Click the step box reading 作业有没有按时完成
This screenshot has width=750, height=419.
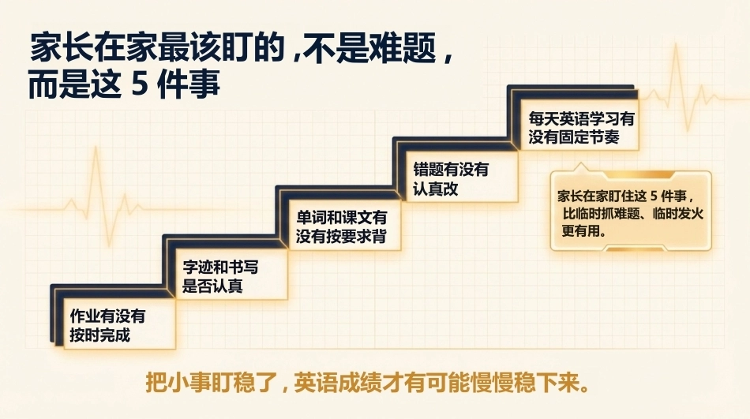point(119,324)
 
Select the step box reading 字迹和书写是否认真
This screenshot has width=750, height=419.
point(231,275)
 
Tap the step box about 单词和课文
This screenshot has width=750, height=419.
point(344,225)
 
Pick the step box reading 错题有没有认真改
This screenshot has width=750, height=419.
point(462,177)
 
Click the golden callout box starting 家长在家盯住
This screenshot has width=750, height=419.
point(631,211)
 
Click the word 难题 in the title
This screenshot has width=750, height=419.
point(403,48)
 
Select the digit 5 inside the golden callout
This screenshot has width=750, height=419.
point(654,196)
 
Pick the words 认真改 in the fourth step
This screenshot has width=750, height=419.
point(435,189)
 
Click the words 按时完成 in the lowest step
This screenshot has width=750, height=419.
point(100,335)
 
